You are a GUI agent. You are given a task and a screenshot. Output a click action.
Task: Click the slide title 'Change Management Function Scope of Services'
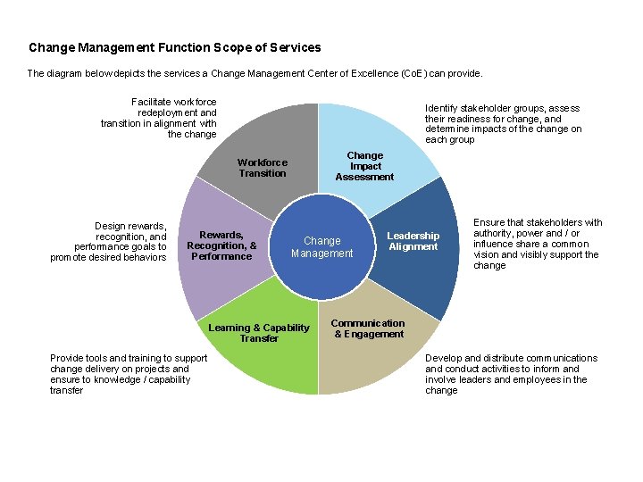(174, 47)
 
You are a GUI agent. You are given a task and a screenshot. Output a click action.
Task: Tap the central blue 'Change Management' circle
(321, 247)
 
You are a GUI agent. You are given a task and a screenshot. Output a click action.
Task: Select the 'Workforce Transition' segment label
(263, 168)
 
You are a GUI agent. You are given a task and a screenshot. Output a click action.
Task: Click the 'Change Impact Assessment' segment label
(364, 166)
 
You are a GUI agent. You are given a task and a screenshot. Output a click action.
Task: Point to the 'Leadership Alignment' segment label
(413, 241)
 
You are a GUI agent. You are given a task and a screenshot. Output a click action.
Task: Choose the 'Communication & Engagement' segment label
(367, 328)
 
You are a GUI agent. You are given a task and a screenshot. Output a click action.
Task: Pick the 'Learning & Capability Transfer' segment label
(258, 333)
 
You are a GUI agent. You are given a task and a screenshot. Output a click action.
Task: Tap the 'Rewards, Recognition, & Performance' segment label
(221, 245)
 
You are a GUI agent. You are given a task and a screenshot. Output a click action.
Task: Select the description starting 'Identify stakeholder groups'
(503, 123)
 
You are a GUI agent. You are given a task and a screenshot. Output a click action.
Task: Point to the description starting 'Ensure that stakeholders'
(537, 244)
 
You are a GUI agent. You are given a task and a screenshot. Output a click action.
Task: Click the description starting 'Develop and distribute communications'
(511, 374)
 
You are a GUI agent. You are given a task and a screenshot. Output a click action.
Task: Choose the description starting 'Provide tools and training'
(129, 374)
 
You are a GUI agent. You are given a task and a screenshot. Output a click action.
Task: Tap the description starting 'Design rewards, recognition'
(108, 241)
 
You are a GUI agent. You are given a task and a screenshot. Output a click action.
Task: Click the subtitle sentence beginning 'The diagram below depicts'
(255, 73)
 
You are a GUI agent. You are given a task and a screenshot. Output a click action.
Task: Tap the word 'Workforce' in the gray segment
(263, 162)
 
